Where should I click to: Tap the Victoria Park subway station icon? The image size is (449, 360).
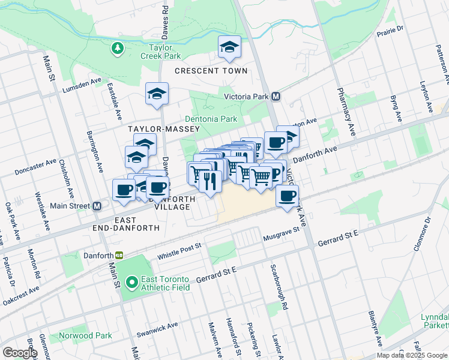coord(277,96)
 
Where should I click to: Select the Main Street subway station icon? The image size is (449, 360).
coord(97,206)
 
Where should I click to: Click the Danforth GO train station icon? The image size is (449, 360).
coord(119,255)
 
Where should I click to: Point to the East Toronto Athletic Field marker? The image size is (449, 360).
coord(132,280)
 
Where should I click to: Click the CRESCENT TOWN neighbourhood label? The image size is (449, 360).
coord(211,71)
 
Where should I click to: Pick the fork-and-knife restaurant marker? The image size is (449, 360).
coord(209,181)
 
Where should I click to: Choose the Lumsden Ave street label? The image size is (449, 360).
coord(82,85)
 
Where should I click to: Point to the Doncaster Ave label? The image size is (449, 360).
coord(37,166)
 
